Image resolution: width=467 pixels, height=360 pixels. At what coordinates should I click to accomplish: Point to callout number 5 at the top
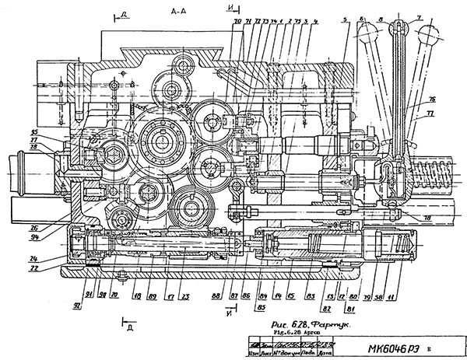[x=343, y=19]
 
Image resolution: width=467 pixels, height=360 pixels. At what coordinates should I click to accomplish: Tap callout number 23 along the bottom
[x=184, y=296]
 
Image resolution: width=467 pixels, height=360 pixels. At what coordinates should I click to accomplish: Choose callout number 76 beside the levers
[x=430, y=100]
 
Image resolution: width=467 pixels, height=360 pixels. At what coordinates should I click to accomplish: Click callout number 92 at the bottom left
[x=76, y=306]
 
